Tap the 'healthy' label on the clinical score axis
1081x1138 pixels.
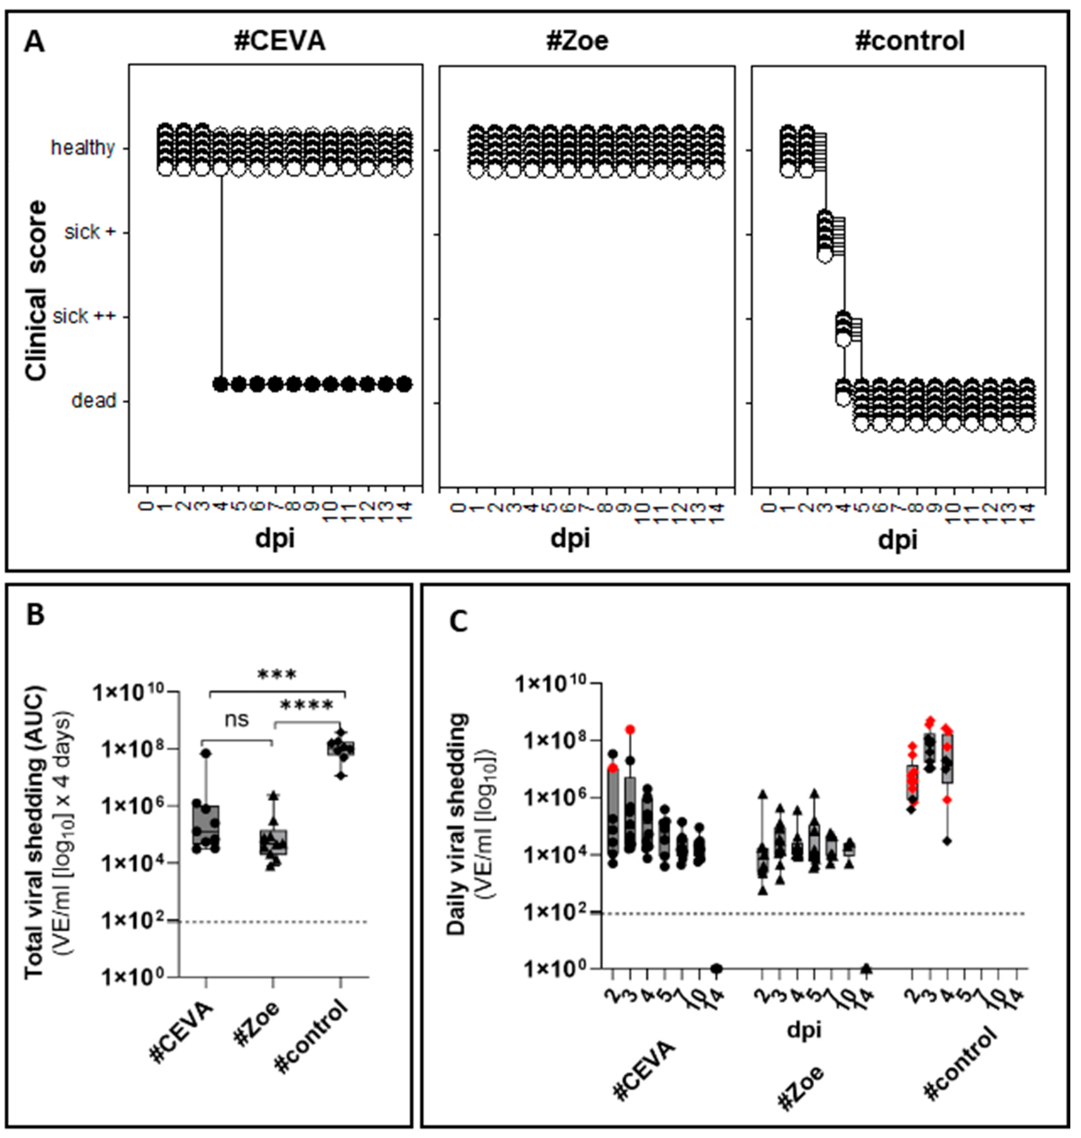(x=83, y=148)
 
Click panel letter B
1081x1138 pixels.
(x=36, y=615)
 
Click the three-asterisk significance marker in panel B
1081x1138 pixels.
(x=277, y=675)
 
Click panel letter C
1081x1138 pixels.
(x=459, y=622)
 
